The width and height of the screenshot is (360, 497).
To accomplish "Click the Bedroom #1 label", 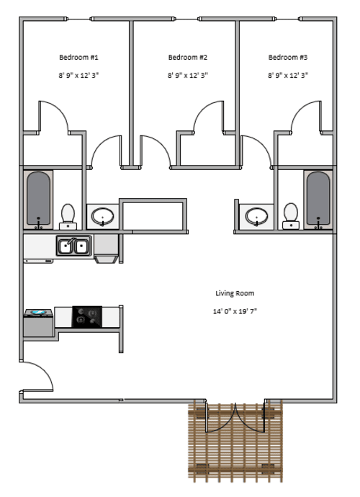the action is tap(78, 58).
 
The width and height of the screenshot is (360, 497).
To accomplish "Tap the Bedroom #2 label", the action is tap(188, 58).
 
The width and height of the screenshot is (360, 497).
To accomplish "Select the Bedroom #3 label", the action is tap(288, 58).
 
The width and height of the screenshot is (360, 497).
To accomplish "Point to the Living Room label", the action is tap(235, 293).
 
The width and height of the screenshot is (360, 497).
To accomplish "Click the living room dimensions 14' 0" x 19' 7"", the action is tap(235, 311).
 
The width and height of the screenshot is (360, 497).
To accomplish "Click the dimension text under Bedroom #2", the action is tap(188, 76).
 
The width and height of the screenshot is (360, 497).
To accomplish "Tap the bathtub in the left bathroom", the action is tap(38, 200).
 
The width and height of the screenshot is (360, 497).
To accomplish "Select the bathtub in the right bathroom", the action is tap(318, 200).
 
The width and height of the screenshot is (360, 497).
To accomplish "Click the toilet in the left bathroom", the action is tap(68, 217).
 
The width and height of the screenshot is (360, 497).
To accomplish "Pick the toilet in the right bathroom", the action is tap(291, 216).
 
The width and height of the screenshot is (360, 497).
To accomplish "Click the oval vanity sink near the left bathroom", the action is tap(103, 217).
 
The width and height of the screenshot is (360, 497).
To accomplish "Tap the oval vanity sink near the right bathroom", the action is tap(256, 217).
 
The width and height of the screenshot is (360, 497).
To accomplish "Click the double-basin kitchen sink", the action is tap(74, 246).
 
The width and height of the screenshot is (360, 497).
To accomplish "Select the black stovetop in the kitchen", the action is tap(87, 317).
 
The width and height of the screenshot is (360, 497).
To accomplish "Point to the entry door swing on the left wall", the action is tap(37, 376).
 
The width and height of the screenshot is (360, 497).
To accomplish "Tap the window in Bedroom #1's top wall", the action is tap(79, 19).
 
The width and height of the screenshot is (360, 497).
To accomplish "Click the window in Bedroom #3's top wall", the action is tap(288, 19).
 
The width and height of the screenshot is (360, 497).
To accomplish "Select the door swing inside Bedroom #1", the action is tap(53, 117).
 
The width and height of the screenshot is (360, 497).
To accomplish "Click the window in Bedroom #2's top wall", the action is tap(187, 19).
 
